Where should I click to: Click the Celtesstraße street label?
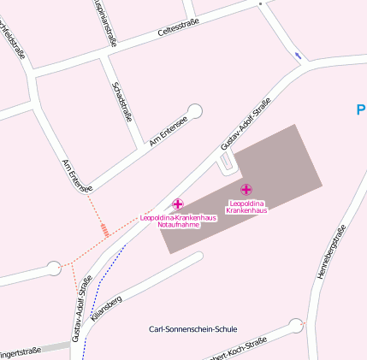pyautogui.click(x=179, y=28)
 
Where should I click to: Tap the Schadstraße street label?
pyautogui.click(x=122, y=102)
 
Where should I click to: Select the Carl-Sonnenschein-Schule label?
pyautogui.click(x=192, y=329)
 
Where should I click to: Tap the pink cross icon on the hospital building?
pyautogui.click(x=246, y=189)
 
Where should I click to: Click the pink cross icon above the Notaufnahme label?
pyautogui.click(x=178, y=204)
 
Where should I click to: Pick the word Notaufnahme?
pyautogui.click(x=178, y=224)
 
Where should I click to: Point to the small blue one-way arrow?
pyautogui.click(x=298, y=56)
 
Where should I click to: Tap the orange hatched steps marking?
pyautogui.click(x=104, y=229)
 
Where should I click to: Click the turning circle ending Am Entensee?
pyautogui.click(x=196, y=110)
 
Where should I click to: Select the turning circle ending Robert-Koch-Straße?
pyautogui.click(x=296, y=325)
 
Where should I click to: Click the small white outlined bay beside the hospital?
pyautogui.click(x=226, y=160)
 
